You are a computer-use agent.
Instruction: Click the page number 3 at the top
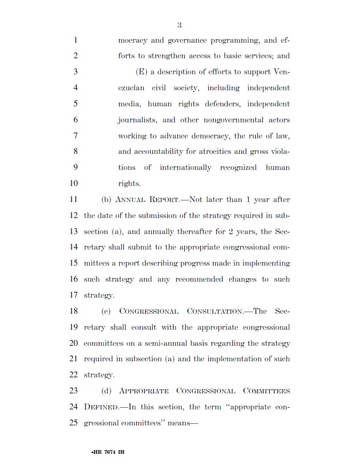click(179, 25)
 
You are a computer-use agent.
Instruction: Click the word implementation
click(231, 359)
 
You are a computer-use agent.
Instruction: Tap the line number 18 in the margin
click(74, 311)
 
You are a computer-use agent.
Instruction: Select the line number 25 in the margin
click(74, 422)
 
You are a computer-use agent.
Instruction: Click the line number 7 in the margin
click(75, 136)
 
